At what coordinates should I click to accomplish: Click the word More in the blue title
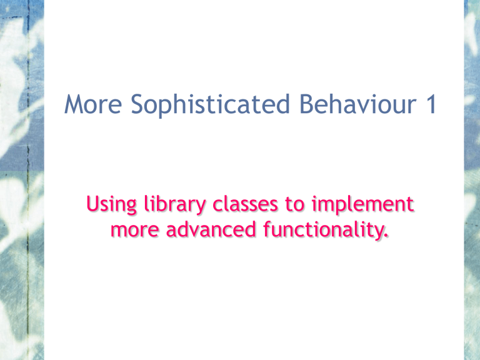[x=93, y=104]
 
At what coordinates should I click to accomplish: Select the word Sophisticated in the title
[x=210, y=105]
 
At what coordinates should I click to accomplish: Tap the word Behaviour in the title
[x=358, y=104]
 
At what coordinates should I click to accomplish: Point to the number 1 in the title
[x=432, y=104]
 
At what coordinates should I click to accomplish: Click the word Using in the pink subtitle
[x=111, y=204]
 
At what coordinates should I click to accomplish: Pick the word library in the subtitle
[x=175, y=204]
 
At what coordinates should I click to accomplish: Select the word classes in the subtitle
[x=245, y=204]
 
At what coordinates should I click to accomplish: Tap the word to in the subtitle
[x=295, y=205]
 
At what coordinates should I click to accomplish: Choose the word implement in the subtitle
[x=363, y=204]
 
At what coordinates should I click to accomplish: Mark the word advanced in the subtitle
[x=211, y=229]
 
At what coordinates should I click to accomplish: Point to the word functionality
[x=324, y=230]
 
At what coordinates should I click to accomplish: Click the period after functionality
[x=386, y=236]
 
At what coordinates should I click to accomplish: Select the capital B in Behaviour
[x=306, y=104]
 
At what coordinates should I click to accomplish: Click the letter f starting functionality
[x=267, y=229]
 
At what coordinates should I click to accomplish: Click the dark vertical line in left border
[x=28, y=180]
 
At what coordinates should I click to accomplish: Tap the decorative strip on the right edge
[x=472, y=180]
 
